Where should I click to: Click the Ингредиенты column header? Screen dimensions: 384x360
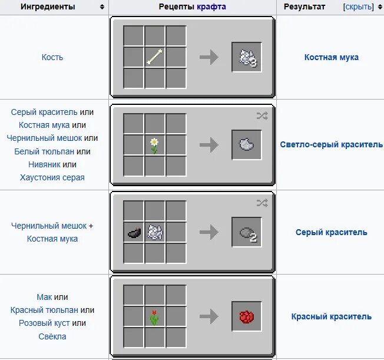coord(48,6)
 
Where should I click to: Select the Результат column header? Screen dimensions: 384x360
coord(304,6)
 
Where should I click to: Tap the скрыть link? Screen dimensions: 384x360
coord(358,6)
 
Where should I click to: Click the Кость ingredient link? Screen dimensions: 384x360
coord(52,57)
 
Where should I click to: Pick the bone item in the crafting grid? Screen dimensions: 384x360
coord(154,57)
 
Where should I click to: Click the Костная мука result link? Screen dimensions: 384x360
coord(331,57)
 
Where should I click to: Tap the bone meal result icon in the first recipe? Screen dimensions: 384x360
coord(247,57)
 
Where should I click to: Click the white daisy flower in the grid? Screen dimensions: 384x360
coord(154,144)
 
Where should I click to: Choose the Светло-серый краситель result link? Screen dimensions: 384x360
coord(331,144)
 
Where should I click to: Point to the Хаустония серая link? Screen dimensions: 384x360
coord(52,177)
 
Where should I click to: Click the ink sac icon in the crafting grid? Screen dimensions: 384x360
coord(134,232)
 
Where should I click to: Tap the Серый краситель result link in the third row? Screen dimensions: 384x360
coord(331,232)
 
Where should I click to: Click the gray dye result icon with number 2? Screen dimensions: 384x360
coord(247,232)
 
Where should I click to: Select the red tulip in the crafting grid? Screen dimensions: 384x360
coord(154,316)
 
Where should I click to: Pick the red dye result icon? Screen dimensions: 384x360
coord(247,316)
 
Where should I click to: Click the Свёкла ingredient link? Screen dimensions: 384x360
coord(52,336)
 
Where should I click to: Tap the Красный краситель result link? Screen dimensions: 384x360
coord(331,316)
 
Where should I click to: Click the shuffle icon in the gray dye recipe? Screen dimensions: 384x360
coord(262,203)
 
